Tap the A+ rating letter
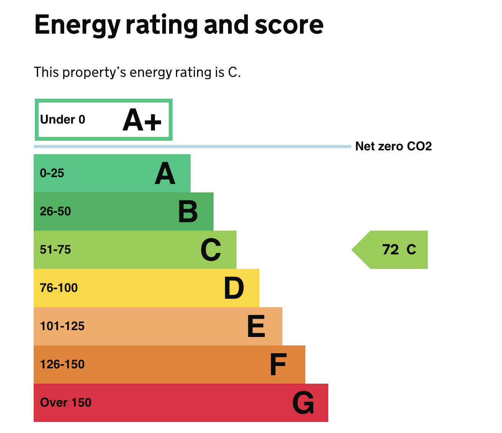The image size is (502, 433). click(x=142, y=120)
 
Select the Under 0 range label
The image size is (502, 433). click(x=63, y=120)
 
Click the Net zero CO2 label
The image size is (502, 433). click(x=393, y=146)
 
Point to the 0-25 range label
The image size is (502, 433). click(x=52, y=173)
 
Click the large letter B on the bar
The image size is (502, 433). click(x=188, y=212)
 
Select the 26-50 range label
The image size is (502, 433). click(x=55, y=212)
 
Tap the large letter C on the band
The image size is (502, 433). click(x=211, y=250)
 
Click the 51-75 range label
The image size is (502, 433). click(x=55, y=250)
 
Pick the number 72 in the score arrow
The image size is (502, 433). click(x=391, y=250)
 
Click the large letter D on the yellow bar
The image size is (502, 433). click(x=234, y=288)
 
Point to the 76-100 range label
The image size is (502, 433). click(x=59, y=288)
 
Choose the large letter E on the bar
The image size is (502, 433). click(x=256, y=326)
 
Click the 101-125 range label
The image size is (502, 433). click(x=62, y=326)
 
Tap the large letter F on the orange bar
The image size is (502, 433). click(x=278, y=365)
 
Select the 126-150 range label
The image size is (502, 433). click(x=62, y=365)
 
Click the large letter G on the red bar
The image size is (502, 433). click(x=303, y=403)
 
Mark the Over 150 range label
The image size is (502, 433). click(x=66, y=403)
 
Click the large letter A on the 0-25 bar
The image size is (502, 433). click(x=165, y=173)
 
